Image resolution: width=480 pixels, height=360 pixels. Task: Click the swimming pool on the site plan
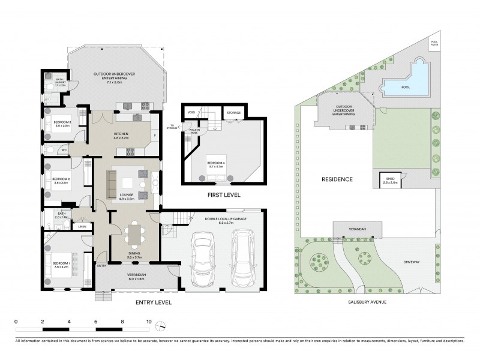(x=404, y=88)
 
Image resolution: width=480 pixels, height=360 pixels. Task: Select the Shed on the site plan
(x=391, y=179)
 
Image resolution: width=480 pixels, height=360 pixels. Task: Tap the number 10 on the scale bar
(x=148, y=321)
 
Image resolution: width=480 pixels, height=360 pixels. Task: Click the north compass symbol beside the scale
(x=161, y=326)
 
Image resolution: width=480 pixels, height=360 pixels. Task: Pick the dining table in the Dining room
(x=134, y=234)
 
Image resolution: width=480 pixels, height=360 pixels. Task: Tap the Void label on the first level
(x=191, y=112)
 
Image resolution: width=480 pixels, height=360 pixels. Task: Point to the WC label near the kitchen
(x=63, y=149)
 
